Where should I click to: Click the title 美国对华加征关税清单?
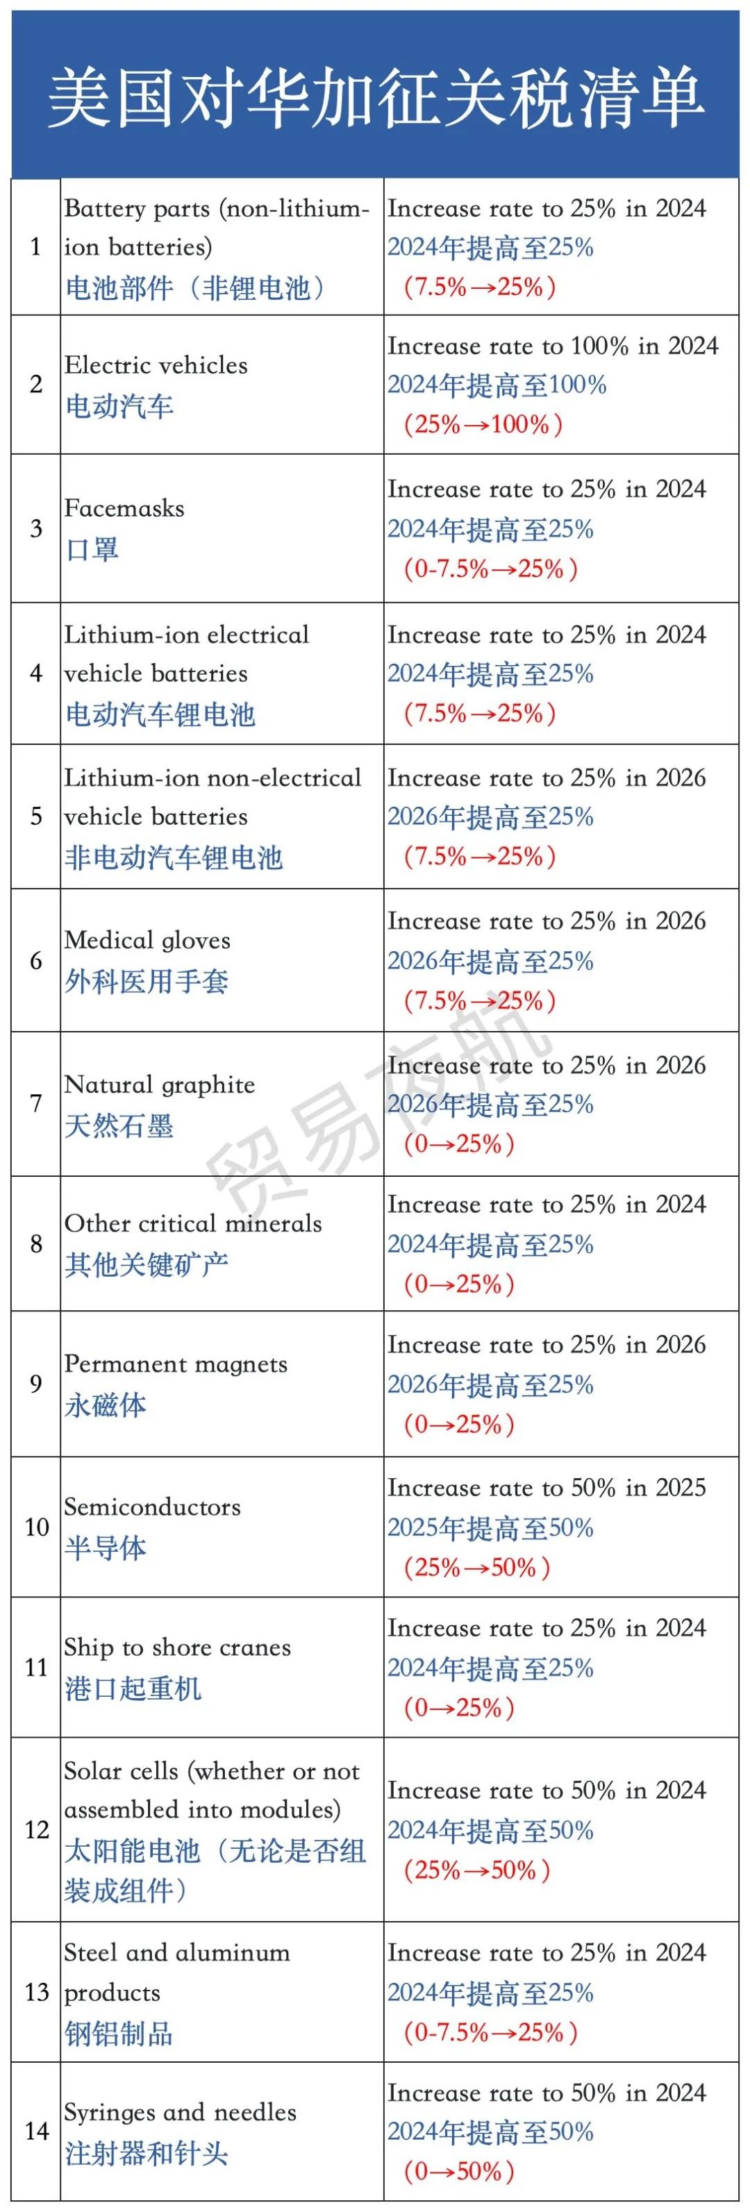(x=376, y=97)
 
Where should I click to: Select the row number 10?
(x=36, y=1527)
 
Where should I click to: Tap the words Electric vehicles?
(x=156, y=365)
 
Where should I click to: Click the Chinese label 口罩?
(x=92, y=550)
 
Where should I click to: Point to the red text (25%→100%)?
(x=483, y=424)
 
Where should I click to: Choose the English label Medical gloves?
(x=147, y=940)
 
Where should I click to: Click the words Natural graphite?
(x=159, y=1084)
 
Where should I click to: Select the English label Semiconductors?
(x=152, y=1507)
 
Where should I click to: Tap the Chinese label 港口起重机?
(x=133, y=1689)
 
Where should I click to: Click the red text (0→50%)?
(x=459, y=2172)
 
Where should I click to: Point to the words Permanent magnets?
(x=175, y=1364)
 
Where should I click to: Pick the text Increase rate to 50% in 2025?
(x=547, y=1488)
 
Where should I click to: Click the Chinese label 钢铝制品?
(x=119, y=2034)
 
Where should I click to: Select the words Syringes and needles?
(x=181, y=2113)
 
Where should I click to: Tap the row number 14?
(x=36, y=2131)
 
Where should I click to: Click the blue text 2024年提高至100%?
(x=497, y=385)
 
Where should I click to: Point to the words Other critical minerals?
(x=192, y=1223)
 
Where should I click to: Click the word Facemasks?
(x=124, y=508)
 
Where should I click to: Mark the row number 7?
(x=36, y=1103)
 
